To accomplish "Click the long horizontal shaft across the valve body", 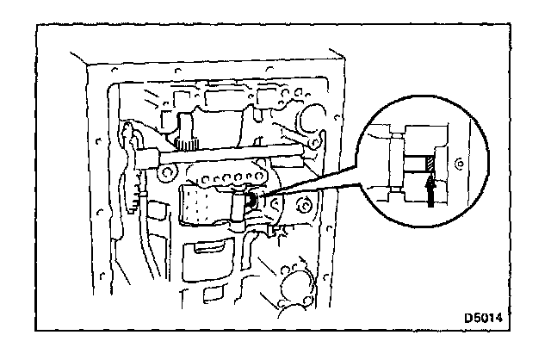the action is coord(224,157).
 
